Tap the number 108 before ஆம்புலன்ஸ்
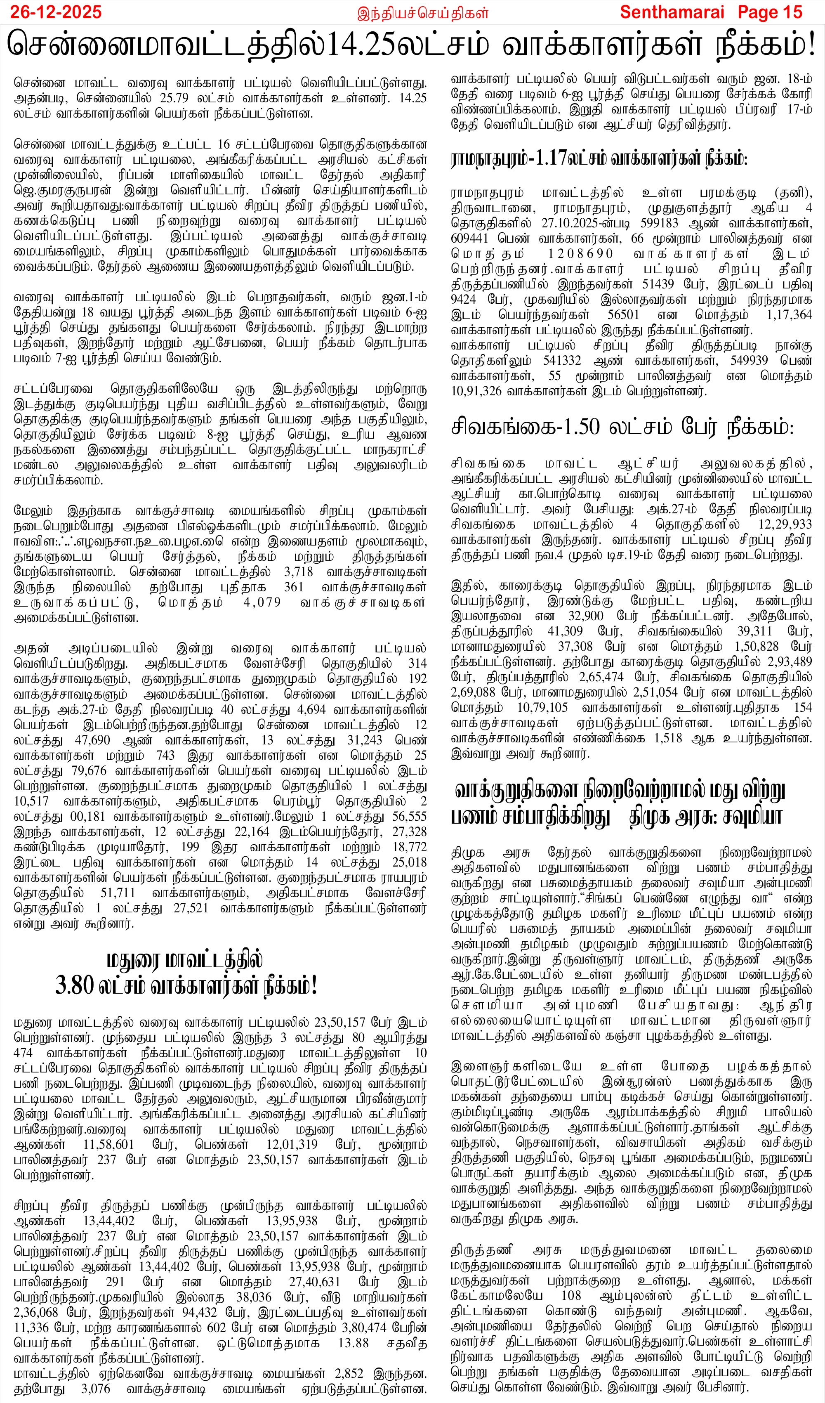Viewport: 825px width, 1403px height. click(570, 1296)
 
